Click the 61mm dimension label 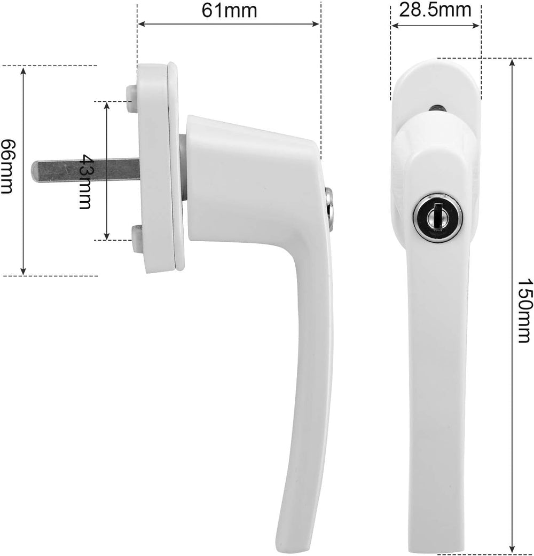point(229,10)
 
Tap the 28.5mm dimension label point(435,10)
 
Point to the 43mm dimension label point(85,181)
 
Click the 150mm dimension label point(525,311)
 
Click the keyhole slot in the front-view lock point(438,217)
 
